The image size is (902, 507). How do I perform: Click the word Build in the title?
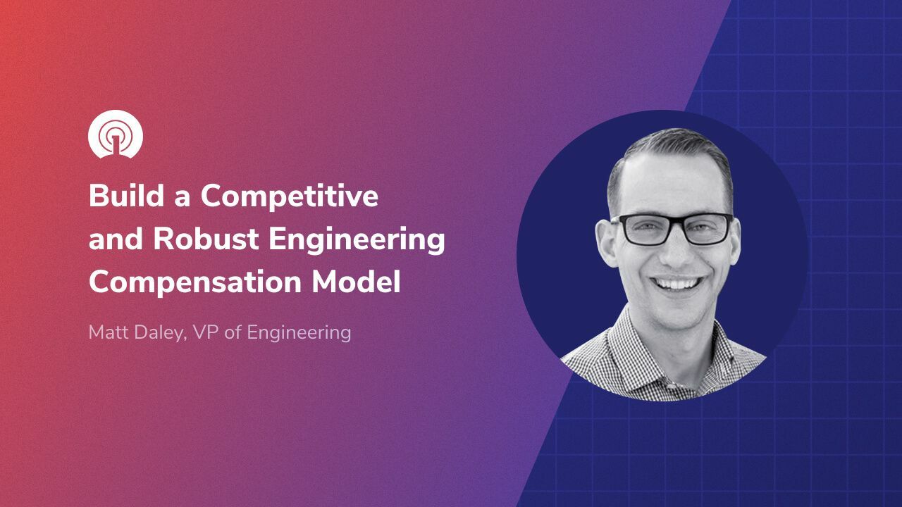point(119,196)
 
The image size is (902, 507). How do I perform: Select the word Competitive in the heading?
point(290,197)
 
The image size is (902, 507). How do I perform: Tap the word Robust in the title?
point(206,239)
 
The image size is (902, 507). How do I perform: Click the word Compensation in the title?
point(194,283)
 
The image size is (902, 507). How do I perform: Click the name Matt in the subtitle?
point(109,332)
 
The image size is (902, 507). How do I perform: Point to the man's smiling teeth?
point(675,284)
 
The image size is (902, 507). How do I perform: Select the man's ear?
point(605,239)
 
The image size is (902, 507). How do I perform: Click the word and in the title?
point(116,240)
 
